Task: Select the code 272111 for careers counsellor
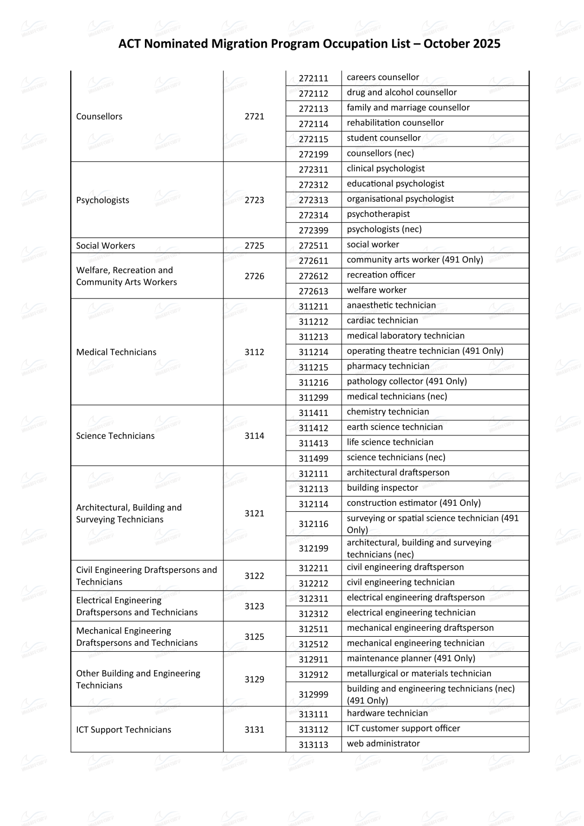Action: [x=314, y=78]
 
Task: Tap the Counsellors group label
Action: [x=99, y=116]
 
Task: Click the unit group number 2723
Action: [x=254, y=200]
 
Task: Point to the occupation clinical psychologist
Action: [x=386, y=169]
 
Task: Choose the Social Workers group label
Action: [x=105, y=246]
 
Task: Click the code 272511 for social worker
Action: [x=314, y=246]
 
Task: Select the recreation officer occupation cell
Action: [x=381, y=275]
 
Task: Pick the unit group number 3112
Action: [x=254, y=352]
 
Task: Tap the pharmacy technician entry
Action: [x=388, y=366]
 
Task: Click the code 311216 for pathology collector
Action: [x=314, y=382]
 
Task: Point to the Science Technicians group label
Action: [x=115, y=436]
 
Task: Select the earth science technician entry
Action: [x=395, y=427]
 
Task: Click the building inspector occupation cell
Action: [x=382, y=488]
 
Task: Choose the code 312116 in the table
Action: [x=314, y=524]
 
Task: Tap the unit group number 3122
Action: [x=254, y=576]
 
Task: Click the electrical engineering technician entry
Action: [x=411, y=613]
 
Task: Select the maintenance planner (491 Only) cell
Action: [x=411, y=658]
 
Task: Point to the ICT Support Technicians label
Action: [x=123, y=730]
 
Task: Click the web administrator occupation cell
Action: [x=383, y=744]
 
